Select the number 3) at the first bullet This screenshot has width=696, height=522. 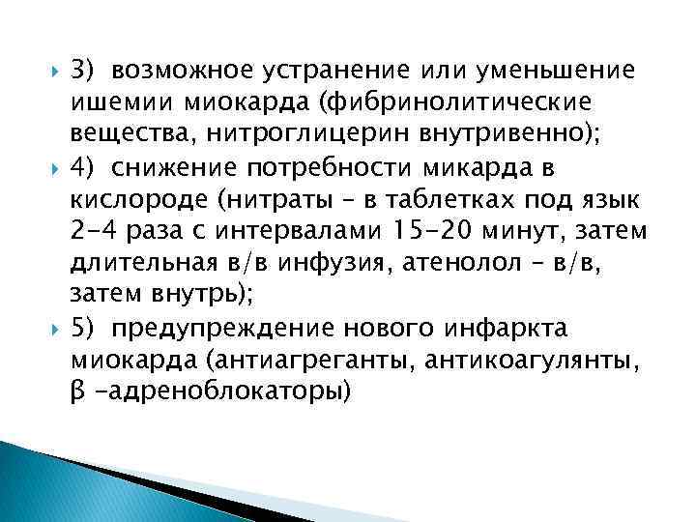click(84, 71)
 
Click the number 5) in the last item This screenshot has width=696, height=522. click(84, 331)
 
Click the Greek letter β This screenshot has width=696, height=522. click(79, 395)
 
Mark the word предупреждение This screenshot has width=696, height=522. click(204, 331)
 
